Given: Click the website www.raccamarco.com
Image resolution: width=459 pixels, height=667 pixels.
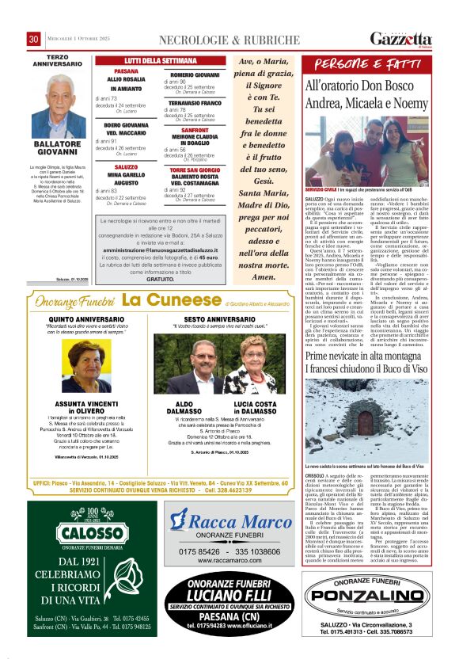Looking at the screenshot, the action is click(x=229, y=560).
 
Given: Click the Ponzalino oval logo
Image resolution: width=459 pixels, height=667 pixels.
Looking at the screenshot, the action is click(x=366, y=615).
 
